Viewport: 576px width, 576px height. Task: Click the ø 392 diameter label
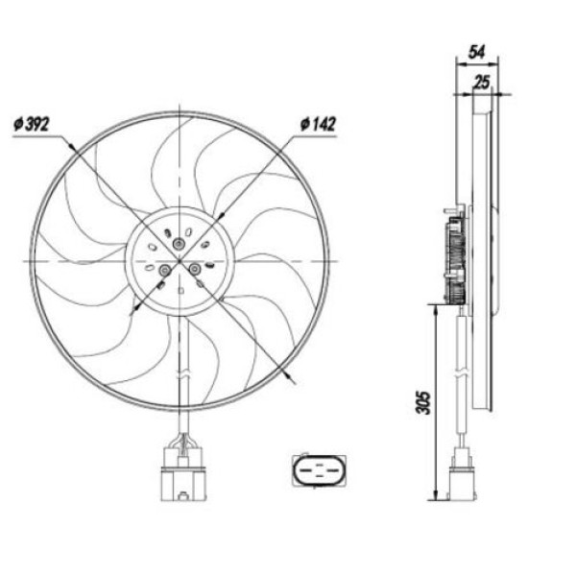click(x=33, y=125)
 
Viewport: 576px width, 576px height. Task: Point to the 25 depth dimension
click(x=483, y=84)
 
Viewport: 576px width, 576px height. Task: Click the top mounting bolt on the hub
click(x=178, y=247)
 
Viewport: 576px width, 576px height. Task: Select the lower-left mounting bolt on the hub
click(x=163, y=272)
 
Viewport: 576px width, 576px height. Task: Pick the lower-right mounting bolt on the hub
click(x=194, y=271)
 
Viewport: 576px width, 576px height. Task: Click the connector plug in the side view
click(x=462, y=476)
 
